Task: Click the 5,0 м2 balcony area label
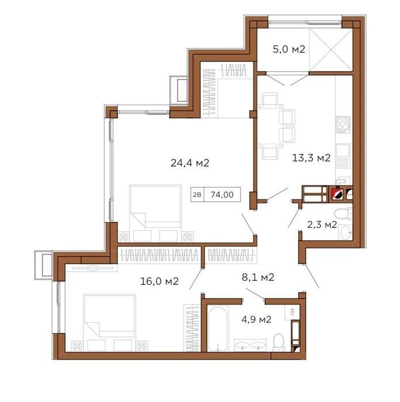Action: [289, 49]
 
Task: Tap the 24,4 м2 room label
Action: [190, 163]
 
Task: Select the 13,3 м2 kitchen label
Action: [311, 158]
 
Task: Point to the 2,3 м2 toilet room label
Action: [322, 225]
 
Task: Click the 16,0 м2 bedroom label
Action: [159, 281]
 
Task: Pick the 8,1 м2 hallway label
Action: [258, 277]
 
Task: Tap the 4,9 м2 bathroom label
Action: [256, 319]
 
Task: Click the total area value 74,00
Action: [222, 195]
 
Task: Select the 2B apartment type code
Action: [197, 195]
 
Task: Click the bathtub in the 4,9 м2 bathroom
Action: [218, 329]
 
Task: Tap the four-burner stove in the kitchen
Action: [343, 125]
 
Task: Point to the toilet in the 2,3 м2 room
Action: [343, 213]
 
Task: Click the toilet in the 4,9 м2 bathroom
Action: [279, 342]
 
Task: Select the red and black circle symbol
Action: [337, 194]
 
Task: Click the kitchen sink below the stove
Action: [342, 155]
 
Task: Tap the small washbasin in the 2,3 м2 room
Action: [345, 232]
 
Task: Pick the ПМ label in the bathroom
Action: [292, 312]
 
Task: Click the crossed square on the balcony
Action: [331, 49]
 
